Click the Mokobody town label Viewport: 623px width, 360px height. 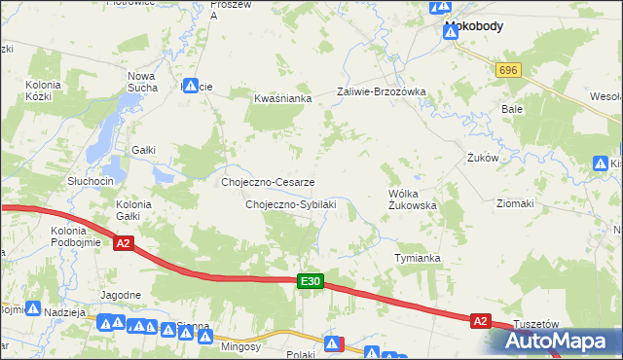[473, 26]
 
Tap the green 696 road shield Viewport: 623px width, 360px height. [507, 71]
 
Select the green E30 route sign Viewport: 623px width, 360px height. [310, 281]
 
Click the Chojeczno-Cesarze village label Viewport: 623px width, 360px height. [268, 182]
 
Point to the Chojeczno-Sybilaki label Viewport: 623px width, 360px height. [290, 204]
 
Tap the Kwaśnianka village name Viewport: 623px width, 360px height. [281, 98]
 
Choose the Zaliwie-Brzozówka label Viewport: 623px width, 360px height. [382, 91]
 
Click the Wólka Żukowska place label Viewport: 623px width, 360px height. [412, 199]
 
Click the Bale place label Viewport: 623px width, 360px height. [512, 109]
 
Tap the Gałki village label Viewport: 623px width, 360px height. [144, 149]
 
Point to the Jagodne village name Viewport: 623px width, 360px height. [121, 293]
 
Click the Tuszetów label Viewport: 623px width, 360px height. [533, 325]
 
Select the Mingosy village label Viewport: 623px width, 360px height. [239, 345]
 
